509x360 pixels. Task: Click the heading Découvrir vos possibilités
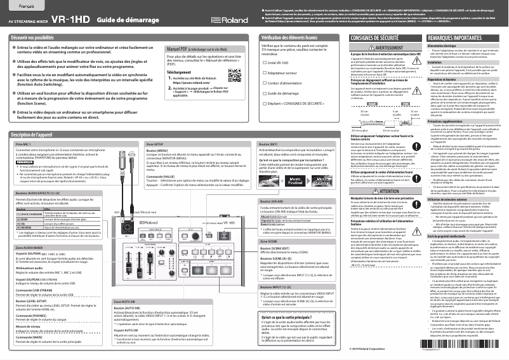tap(39, 38)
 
